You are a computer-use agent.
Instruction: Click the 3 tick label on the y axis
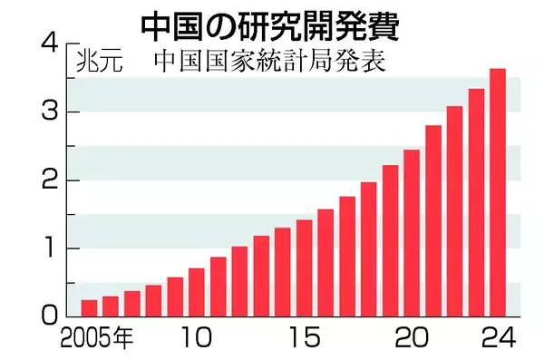(50, 112)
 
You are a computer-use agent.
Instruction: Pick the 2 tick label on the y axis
(50, 180)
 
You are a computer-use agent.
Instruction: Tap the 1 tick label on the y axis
(50, 248)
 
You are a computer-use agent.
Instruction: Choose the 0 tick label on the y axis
(50, 316)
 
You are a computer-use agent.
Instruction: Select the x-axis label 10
(197, 339)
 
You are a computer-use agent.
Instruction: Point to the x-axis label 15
(305, 339)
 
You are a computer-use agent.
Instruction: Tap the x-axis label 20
(411, 339)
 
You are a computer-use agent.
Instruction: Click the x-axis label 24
(498, 339)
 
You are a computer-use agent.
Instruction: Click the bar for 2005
(89, 308)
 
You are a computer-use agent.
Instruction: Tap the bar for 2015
(305, 268)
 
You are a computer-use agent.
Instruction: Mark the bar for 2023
(476, 203)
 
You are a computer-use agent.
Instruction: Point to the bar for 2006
(111, 306)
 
